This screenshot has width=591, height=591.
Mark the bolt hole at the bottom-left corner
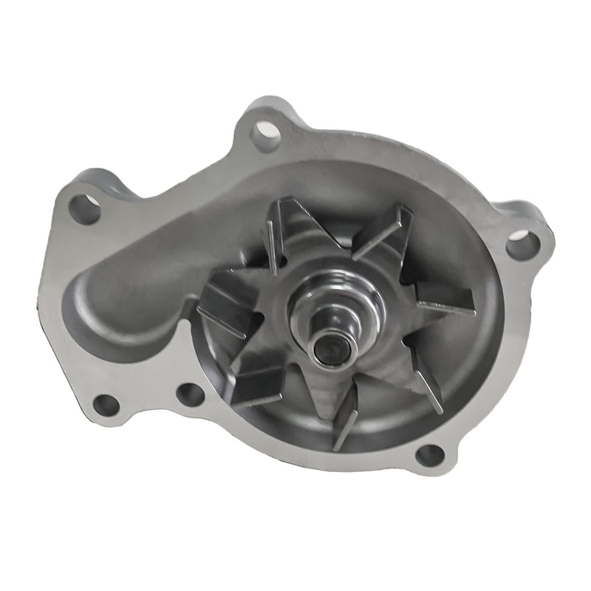pyautogui.click(x=106, y=405)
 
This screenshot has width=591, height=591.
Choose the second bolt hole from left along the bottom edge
pyautogui.click(x=190, y=394)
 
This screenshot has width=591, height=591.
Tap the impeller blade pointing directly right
pyautogui.click(x=443, y=297)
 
